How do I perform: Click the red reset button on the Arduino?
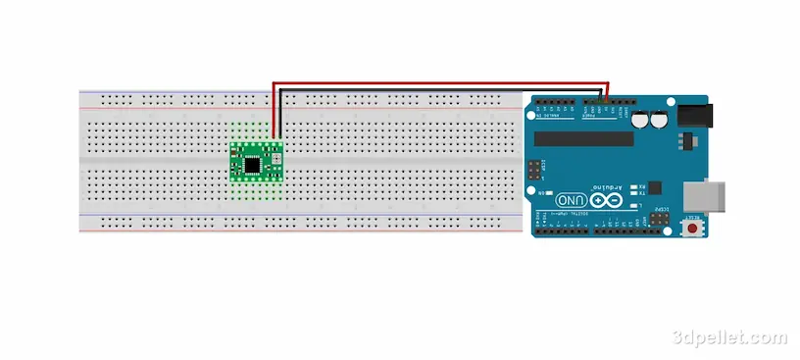point(695,229)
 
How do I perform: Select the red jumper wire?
point(441,84)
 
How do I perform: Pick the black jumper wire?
point(441,90)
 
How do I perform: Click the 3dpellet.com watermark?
point(729,337)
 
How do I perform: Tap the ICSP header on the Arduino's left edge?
point(533,169)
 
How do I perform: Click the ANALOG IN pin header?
point(555,102)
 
